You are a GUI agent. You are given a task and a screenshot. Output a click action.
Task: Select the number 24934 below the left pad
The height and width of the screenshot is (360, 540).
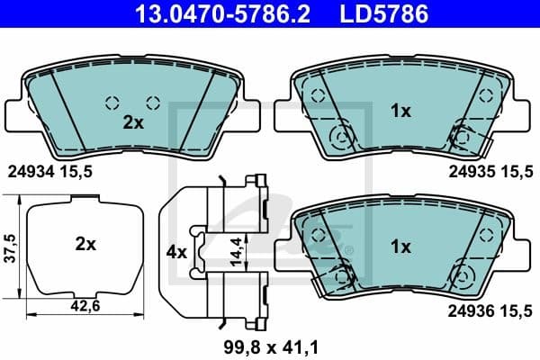tap(27, 168)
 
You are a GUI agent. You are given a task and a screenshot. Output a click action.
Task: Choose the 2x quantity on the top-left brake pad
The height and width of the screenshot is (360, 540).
tap(133, 123)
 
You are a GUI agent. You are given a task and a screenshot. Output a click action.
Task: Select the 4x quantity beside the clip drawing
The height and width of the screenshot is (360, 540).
tap(176, 253)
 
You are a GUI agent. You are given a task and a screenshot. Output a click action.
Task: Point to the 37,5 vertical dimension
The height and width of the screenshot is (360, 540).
tap(11, 247)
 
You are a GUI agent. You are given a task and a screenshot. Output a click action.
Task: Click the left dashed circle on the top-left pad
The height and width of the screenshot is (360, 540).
tap(112, 102)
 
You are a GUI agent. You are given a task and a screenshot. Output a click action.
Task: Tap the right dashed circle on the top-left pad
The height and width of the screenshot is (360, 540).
tap(153, 102)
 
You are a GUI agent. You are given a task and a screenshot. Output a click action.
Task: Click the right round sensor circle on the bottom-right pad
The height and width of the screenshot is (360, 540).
tap(463, 272)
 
